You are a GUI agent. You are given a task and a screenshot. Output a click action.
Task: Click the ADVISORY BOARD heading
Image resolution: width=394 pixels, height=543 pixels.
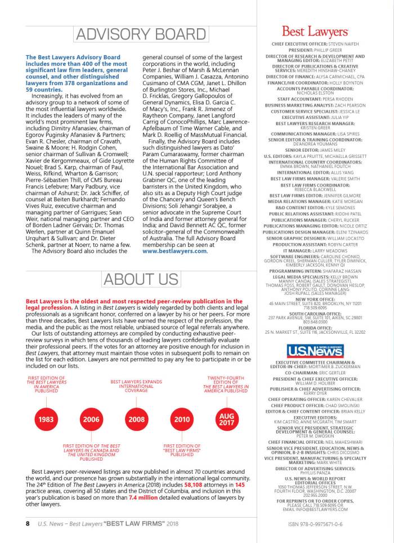137,36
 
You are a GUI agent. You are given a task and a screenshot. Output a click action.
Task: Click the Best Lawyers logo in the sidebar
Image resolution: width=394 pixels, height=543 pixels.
315,32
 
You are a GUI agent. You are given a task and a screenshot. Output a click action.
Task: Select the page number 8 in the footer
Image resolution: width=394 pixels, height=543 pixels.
27,523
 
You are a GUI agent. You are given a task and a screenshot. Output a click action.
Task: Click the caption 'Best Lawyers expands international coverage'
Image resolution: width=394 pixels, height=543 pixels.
136,386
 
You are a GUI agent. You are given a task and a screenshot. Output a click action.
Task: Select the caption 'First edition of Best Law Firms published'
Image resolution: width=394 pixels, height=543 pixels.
182,449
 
